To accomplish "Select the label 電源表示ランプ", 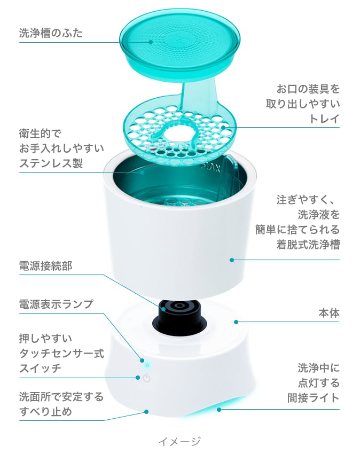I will pyautogui.click(x=56, y=304).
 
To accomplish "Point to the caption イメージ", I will pyautogui.click(x=179, y=441).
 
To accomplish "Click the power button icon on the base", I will pyautogui.click(x=147, y=378).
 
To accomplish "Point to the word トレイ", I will pyautogui.click(x=324, y=119).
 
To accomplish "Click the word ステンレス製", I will pyautogui.click(x=51, y=163).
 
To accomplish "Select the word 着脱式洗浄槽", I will pyautogui.click(x=308, y=245).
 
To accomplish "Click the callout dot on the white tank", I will pyautogui.click(x=232, y=260).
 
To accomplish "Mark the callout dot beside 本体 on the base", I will pyautogui.click(x=235, y=322).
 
